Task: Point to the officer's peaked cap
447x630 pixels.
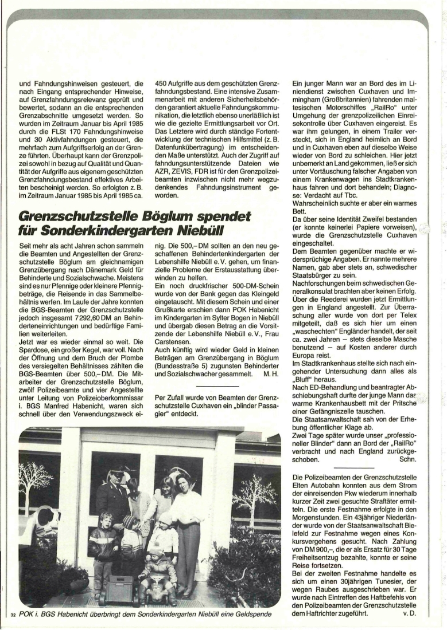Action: click(116, 470)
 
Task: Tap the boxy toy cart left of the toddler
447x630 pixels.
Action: click(118, 587)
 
